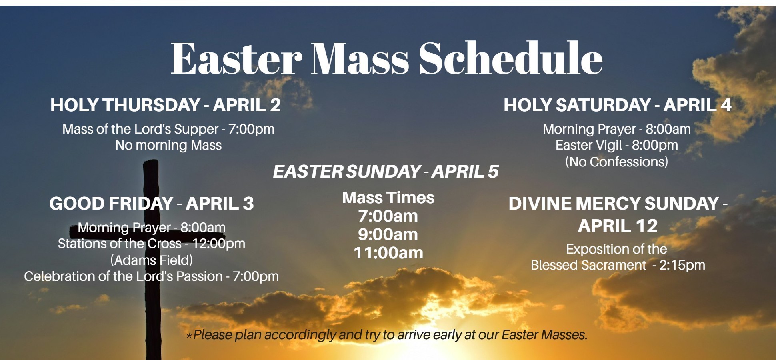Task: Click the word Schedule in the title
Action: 510,58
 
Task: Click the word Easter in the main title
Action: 236,58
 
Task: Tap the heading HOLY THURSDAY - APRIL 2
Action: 166,105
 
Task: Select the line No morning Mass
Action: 168,145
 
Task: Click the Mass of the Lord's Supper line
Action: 168,129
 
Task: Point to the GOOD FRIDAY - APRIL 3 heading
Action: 152,204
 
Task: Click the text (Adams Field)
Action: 152,260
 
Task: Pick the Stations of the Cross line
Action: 152,244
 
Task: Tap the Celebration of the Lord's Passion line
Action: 152,276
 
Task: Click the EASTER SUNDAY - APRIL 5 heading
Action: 386,172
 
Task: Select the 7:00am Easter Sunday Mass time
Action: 388,216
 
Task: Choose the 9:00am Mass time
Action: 388,235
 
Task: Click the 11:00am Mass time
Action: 388,253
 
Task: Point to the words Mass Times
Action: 388,198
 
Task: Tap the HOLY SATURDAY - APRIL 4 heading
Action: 617,105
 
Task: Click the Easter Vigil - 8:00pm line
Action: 616,145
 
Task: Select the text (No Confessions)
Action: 616,162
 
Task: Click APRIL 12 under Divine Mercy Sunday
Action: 618,226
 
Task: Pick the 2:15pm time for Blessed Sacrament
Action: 682,265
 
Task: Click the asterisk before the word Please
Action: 189,336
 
